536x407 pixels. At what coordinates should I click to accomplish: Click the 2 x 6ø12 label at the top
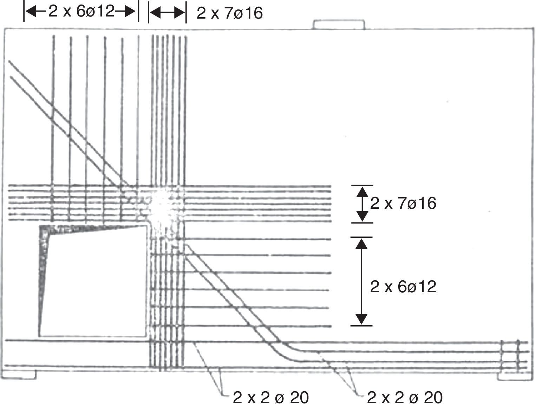click(81, 11)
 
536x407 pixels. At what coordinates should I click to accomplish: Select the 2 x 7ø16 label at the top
click(230, 13)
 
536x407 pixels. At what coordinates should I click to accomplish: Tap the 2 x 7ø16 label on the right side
click(403, 203)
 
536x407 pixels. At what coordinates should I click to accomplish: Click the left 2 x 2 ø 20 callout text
click(271, 398)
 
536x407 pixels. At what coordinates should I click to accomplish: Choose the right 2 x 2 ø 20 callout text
click(405, 398)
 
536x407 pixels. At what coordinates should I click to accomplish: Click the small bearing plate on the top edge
click(339, 25)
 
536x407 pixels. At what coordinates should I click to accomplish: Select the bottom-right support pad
click(515, 376)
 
